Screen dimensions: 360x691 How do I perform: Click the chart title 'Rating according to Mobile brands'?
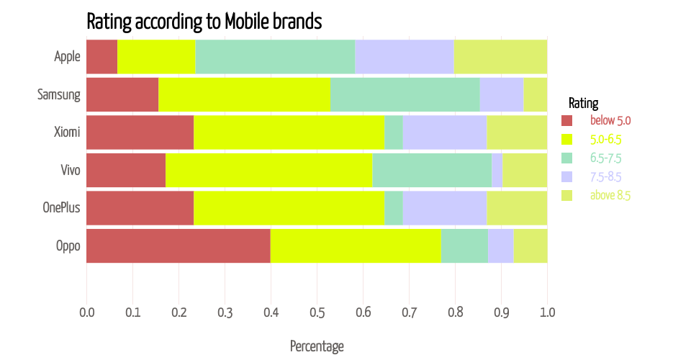(204, 21)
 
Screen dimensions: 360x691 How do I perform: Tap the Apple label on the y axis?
(67, 56)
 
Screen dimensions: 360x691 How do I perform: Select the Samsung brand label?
(58, 94)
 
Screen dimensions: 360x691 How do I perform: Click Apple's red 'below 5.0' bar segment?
(101, 56)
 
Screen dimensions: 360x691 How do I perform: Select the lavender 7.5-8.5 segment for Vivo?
(497, 171)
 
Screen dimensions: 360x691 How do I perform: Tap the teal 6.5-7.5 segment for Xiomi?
(393, 132)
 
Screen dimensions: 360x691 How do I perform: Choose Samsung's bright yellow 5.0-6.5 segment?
(244, 94)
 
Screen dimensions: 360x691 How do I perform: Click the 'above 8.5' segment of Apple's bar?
(500, 56)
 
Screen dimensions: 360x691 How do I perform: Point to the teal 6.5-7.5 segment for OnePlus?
(393, 209)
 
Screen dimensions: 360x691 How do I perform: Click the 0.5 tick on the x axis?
(317, 313)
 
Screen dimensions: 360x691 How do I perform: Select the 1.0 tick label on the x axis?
(547, 313)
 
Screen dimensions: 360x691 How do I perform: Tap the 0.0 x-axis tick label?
(86, 313)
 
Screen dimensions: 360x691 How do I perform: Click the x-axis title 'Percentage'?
(317, 346)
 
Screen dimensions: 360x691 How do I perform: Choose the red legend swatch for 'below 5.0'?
(566, 120)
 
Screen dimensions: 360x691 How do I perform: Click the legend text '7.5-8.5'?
(605, 176)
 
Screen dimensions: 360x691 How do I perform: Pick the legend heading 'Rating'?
(583, 102)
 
